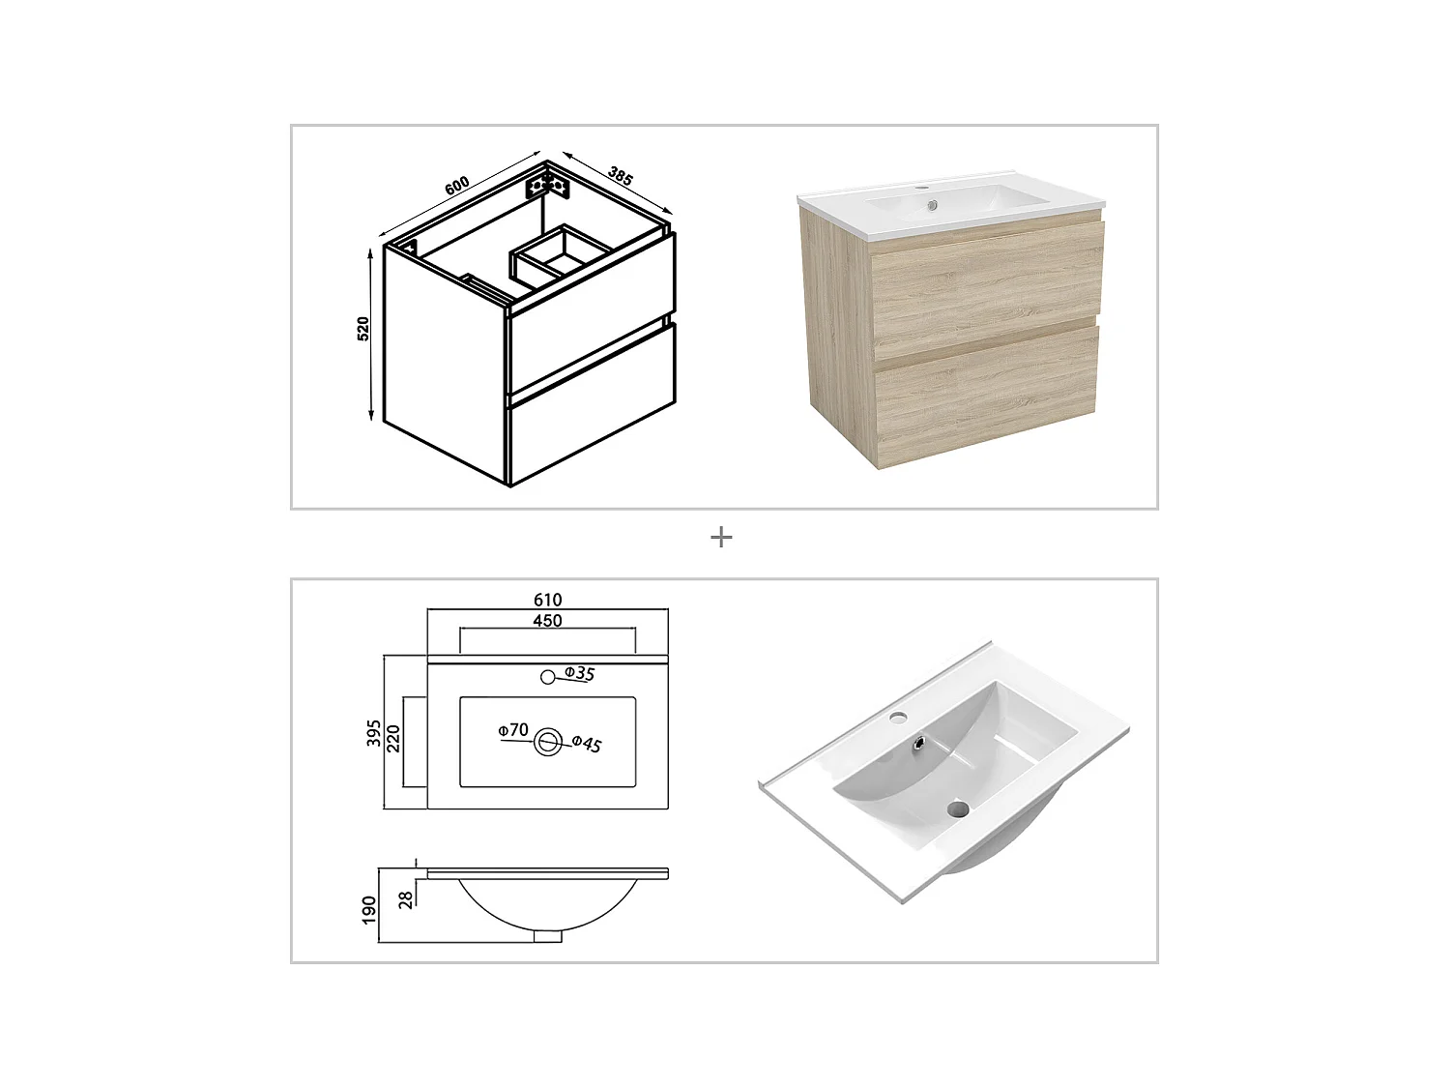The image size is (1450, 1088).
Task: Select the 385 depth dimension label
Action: tap(620, 176)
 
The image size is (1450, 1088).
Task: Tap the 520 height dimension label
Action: tap(363, 329)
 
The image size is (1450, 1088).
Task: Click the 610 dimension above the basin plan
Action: tap(547, 601)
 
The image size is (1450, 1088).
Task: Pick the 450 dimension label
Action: tap(547, 621)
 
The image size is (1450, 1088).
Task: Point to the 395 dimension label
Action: tap(374, 732)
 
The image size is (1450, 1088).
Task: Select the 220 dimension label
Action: tap(393, 740)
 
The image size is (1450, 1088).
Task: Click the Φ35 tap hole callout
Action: tap(579, 674)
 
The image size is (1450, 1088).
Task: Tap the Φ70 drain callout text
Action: tap(513, 730)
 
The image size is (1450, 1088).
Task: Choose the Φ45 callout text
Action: tap(587, 744)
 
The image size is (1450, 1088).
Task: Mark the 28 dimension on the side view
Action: tap(407, 898)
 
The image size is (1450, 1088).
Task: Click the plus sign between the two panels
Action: tap(721, 537)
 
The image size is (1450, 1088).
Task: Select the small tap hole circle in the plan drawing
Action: tap(547, 676)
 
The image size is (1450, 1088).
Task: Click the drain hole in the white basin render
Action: tap(957, 808)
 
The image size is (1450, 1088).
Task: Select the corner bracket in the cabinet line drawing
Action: tap(544, 185)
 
